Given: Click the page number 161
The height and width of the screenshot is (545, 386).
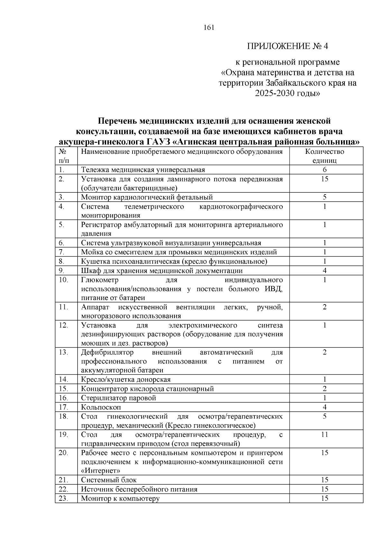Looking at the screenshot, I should point(209,28).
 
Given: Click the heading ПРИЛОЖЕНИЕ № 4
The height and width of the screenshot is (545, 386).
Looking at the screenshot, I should point(288,46).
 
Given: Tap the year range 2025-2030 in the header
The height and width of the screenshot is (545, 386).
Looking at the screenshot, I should point(283,93).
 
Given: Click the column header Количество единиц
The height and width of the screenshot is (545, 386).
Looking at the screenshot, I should point(325,156).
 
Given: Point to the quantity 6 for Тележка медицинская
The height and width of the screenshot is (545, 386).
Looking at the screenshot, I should point(325,170).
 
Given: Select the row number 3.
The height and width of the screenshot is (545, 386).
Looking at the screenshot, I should point(61,197).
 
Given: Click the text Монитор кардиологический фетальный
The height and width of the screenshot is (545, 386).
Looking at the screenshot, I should point(147,197).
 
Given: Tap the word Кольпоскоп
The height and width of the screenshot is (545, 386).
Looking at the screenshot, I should point(101,407).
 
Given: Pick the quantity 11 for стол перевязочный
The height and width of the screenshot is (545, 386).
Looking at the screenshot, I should point(325,435).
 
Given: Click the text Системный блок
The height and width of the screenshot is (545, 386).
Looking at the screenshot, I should point(109,480).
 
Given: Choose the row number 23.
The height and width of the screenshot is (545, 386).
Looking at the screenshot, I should point(63,498).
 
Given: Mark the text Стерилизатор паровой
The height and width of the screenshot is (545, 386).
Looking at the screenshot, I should point(118,398).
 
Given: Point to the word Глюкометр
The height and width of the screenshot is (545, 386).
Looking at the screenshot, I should point(99,280).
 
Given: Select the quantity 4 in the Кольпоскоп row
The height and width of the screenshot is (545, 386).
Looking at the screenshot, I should point(325,407).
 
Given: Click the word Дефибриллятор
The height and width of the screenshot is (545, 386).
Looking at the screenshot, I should point(107,352).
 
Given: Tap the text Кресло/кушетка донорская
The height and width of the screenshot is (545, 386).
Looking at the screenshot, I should point(125,380).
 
